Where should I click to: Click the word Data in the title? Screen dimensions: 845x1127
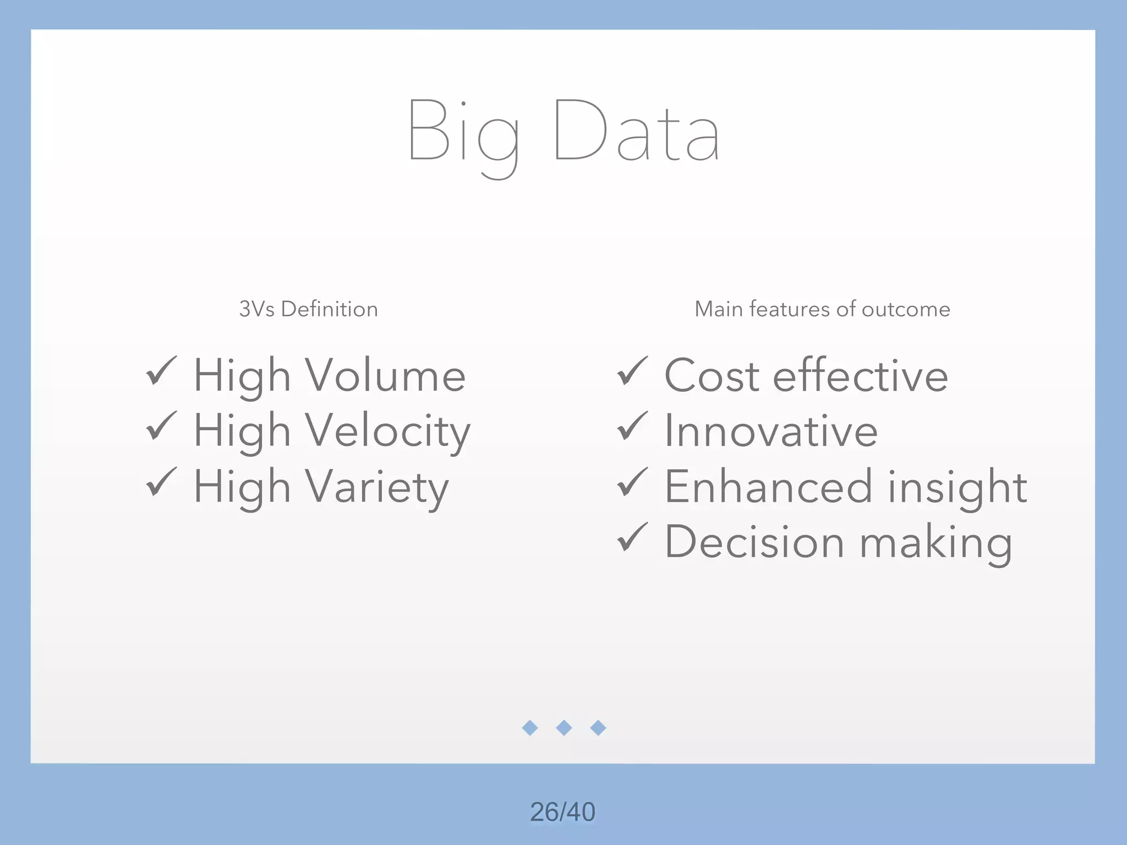[637, 132]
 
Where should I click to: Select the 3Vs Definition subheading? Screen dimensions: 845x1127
[308, 309]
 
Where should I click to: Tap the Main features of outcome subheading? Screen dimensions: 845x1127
[822, 309]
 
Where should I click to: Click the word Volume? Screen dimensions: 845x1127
[385, 376]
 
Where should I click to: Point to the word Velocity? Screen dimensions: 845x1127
[387, 431]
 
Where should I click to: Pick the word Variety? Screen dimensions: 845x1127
[377, 487]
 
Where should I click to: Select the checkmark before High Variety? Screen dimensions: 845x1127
[161, 482]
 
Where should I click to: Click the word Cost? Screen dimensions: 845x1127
[712, 376]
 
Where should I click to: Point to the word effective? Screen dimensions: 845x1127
[861, 376]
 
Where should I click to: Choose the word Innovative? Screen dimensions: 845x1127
[771, 431]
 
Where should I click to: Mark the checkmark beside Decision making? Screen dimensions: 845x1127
[632, 537]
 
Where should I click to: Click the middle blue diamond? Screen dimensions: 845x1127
[564, 728]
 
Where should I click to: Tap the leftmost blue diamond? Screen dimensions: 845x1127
[530, 728]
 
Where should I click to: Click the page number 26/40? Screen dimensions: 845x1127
[562, 812]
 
